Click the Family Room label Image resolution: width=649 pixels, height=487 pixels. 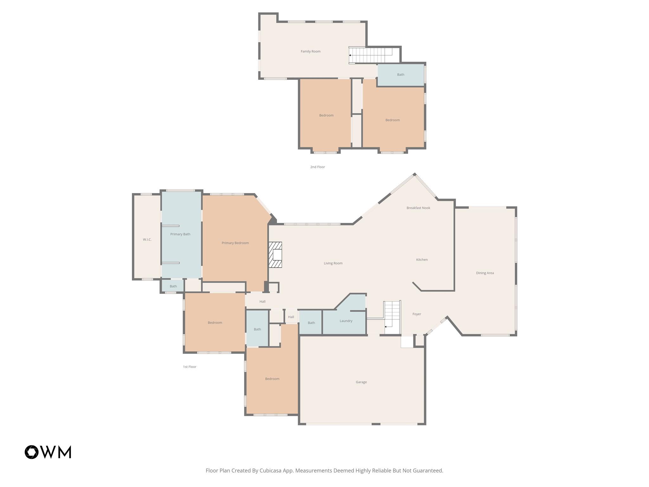pyautogui.click(x=310, y=51)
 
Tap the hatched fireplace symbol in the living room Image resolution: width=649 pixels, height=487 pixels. pyautogui.click(x=275, y=255)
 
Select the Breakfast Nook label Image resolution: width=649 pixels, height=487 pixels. pyautogui.click(x=418, y=208)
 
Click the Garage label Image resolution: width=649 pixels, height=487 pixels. pyautogui.click(x=361, y=382)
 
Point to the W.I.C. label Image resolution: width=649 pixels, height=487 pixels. pyautogui.click(x=147, y=240)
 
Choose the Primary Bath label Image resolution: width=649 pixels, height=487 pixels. pyautogui.click(x=180, y=234)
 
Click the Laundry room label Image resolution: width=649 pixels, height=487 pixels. pyautogui.click(x=346, y=321)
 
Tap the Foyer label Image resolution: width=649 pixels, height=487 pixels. pyautogui.click(x=416, y=314)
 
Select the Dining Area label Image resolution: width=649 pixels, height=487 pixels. pyautogui.click(x=485, y=273)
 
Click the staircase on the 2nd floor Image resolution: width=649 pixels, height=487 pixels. pyautogui.click(x=371, y=55)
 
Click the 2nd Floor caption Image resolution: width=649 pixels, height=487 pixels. pyautogui.click(x=317, y=167)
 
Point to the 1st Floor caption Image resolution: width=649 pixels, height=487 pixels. pyautogui.click(x=190, y=367)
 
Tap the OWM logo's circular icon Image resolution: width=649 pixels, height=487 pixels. pyautogui.click(x=32, y=452)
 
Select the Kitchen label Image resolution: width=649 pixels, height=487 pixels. pyautogui.click(x=421, y=260)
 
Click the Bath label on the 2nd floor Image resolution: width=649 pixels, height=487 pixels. pyautogui.click(x=401, y=75)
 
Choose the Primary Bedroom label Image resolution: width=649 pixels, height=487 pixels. pyautogui.click(x=235, y=243)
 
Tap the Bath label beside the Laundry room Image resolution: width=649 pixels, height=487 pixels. pyautogui.click(x=311, y=323)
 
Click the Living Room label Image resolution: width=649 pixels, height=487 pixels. pyautogui.click(x=333, y=263)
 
